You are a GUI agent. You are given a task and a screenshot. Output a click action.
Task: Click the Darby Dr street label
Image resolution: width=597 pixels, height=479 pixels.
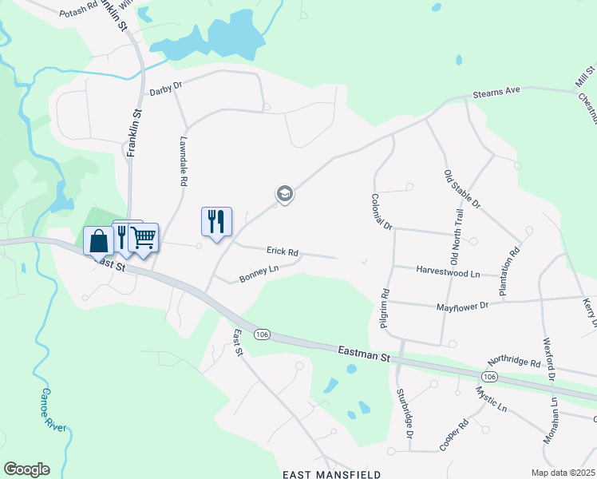(166, 92)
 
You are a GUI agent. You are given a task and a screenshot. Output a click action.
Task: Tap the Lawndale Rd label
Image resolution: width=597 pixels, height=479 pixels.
(183, 160)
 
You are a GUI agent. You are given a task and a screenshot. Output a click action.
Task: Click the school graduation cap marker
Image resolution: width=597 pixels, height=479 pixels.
(284, 193)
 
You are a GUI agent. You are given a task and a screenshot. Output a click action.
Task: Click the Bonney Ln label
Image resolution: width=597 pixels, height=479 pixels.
(259, 274)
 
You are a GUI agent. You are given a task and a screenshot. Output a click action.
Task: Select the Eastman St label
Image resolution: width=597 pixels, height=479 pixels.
(363, 351)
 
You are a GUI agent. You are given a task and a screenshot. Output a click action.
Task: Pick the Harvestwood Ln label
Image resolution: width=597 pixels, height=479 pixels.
(448, 272)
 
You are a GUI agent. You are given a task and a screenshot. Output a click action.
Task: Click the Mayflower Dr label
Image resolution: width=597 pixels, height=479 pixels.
(462, 306)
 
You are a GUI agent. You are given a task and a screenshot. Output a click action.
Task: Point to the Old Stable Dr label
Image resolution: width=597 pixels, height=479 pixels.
(462, 189)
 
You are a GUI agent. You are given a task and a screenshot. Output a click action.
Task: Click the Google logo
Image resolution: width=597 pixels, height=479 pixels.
(26, 469)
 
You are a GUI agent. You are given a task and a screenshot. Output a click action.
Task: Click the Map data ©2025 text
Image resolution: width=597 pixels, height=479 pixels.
(563, 473)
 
